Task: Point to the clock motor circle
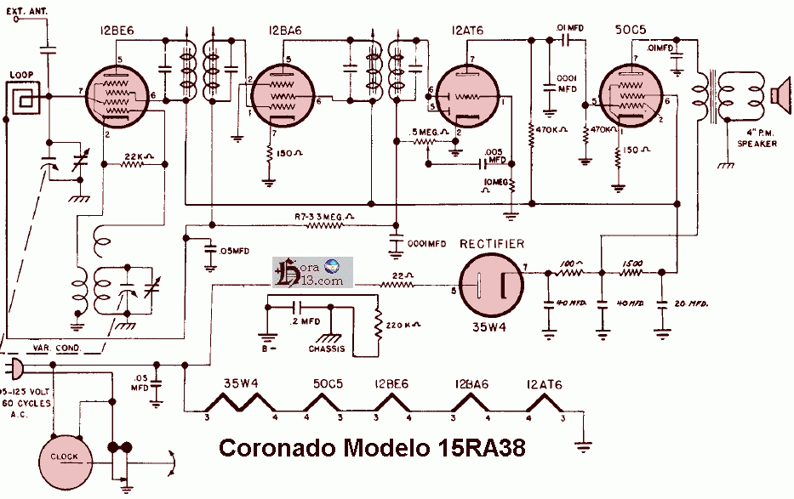click(65, 456)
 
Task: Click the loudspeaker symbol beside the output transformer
click(780, 93)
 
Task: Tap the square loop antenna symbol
click(23, 101)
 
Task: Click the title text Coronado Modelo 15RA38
click(372, 448)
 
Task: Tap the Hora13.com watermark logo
click(310, 271)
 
